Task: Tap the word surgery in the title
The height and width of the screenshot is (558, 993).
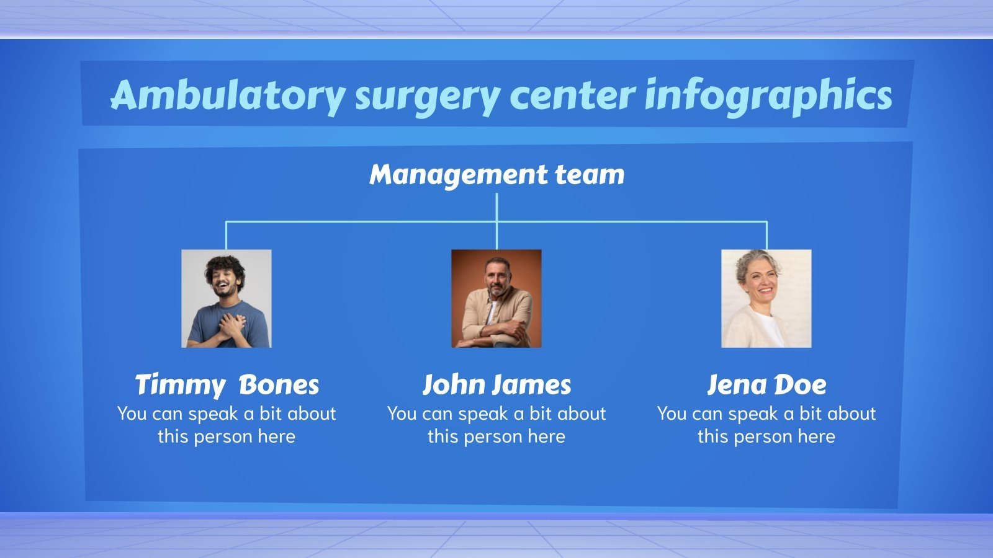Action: tap(426, 96)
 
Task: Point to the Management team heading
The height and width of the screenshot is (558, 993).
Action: tap(496, 174)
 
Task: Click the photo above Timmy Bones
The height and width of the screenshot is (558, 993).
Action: tap(227, 298)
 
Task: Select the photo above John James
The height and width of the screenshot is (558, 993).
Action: tap(496, 298)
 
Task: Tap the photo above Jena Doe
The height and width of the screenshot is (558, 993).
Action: tap(766, 298)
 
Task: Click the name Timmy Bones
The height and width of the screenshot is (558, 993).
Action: tap(227, 384)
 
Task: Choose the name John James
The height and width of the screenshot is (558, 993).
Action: tap(496, 384)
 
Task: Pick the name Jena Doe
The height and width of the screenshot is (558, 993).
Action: tap(766, 384)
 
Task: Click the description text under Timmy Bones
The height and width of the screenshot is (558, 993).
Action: tap(227, 425)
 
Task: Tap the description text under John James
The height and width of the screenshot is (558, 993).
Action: tap(496, 425)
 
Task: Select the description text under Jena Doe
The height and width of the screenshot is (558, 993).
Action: tap(766, 425)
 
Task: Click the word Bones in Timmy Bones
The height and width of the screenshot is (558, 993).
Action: tap(279, 384)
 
